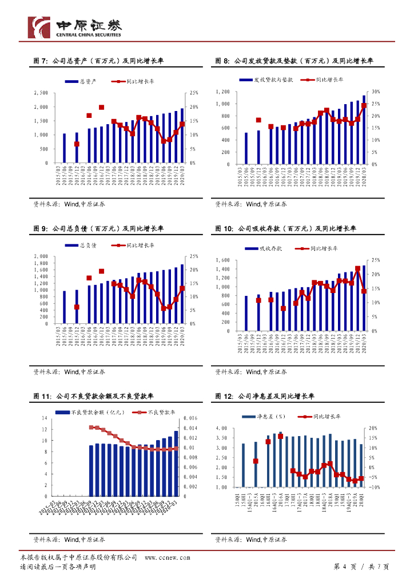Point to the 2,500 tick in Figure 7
(41, 93)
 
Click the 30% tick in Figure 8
(376, 92)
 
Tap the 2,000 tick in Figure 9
(41, 256)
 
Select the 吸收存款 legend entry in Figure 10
(264, 248)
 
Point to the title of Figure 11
(97, 396)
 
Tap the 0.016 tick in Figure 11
(190, 418)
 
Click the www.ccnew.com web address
(167, 557)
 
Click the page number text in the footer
(361, 567)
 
